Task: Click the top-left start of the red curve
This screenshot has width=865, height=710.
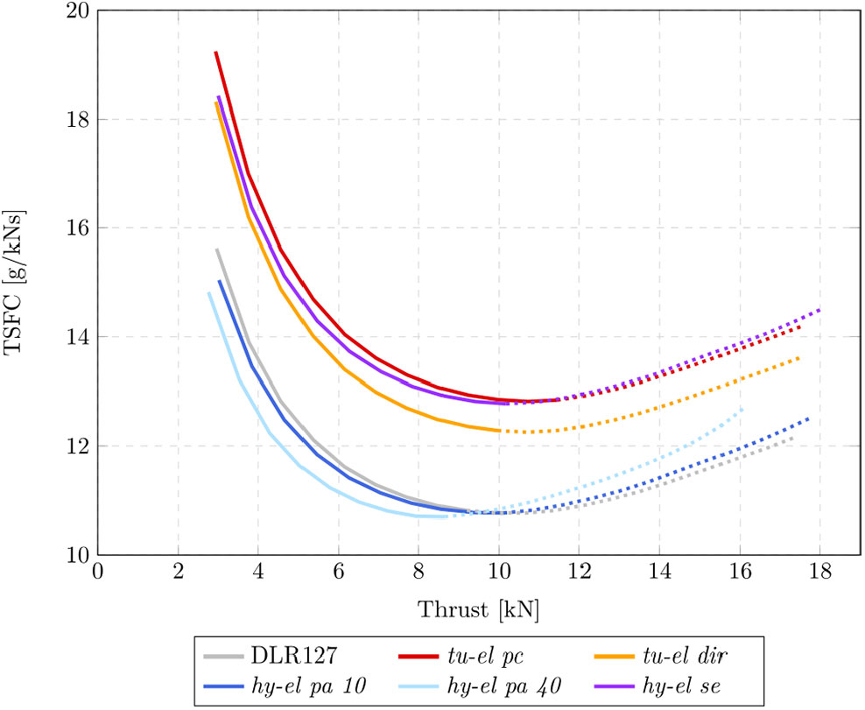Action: (x=215, y=53)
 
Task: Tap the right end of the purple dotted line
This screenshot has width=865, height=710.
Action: (x=820, y=310)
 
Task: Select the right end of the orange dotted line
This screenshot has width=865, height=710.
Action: (x=799, y=357)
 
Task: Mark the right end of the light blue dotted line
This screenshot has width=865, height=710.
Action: (x=743, y=408)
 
